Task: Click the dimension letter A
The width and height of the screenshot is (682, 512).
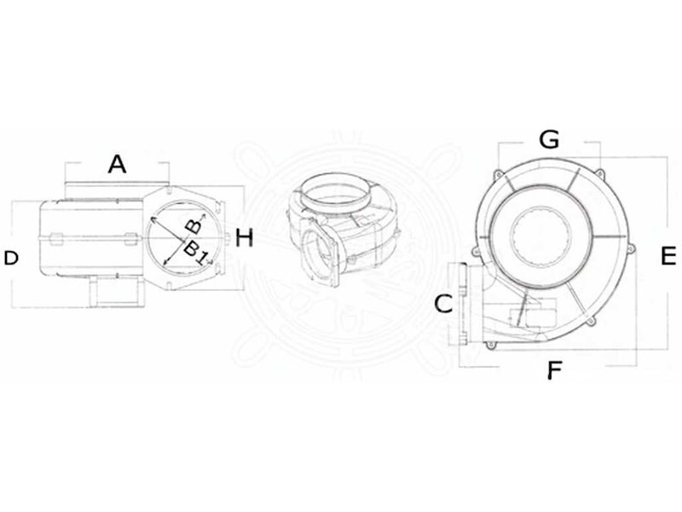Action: tap(117, 165)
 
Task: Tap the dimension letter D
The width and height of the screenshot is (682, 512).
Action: tap(11, 259)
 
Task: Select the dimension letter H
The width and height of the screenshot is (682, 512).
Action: tap(244, 238)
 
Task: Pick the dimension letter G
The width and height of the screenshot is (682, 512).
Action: tap(549, 140)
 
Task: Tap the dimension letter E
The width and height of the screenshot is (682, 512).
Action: tap(668, 255)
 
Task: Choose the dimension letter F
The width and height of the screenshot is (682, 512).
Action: tap(554, 370)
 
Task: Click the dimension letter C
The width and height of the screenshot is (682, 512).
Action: tap(443, 304)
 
